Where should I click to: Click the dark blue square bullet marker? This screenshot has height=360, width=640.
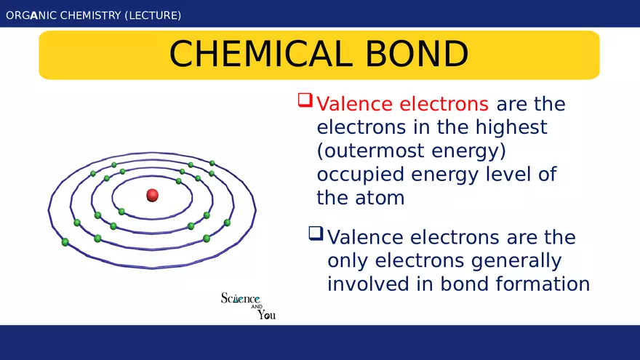pos(316,233)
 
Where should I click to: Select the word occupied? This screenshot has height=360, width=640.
pos(361,175)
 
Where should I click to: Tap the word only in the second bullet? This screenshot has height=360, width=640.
pos(348,260)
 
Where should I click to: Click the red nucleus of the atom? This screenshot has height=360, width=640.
pos(152,195)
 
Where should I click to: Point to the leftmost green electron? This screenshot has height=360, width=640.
pos(65,241)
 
